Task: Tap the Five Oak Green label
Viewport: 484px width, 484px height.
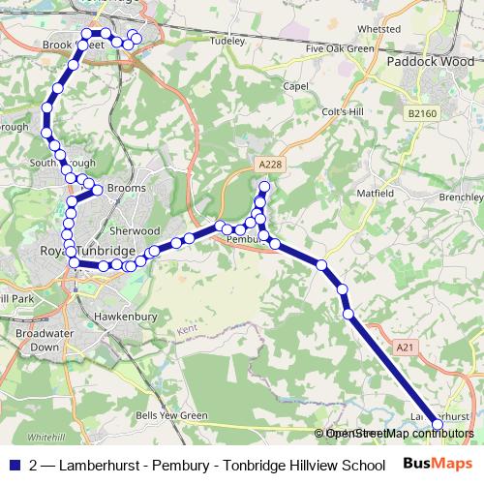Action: pos(339,48)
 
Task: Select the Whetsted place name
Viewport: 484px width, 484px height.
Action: pos(378,29)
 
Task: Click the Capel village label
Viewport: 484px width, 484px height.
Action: pos(295,85)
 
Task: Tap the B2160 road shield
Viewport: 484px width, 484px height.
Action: pos(422,113)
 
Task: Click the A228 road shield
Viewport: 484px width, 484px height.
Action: pos(270,165)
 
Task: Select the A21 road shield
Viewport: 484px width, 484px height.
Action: pos(405,346)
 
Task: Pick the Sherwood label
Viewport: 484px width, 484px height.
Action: pos(135,231)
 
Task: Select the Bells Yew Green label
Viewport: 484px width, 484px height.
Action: pos(171,415)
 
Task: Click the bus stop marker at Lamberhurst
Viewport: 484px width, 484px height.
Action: pos(437,425)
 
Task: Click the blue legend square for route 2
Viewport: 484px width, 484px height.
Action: pos(15,464)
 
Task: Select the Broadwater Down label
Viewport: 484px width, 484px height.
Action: pos(38,339)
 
